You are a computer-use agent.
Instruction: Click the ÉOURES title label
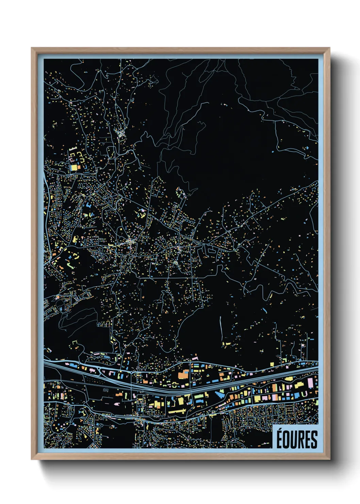tap(296, 439)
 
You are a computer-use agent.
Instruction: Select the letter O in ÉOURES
tap(287, 440)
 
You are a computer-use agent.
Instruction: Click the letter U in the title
tap(294, 440)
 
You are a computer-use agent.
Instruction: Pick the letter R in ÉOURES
tap(301, 440)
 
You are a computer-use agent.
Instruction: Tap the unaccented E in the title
tap(308, 440)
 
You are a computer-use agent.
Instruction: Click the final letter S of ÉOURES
tap(314, 440)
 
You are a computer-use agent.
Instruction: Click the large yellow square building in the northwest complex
tap(74, 168)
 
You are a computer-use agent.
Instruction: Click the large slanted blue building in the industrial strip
tap(219, 395)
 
